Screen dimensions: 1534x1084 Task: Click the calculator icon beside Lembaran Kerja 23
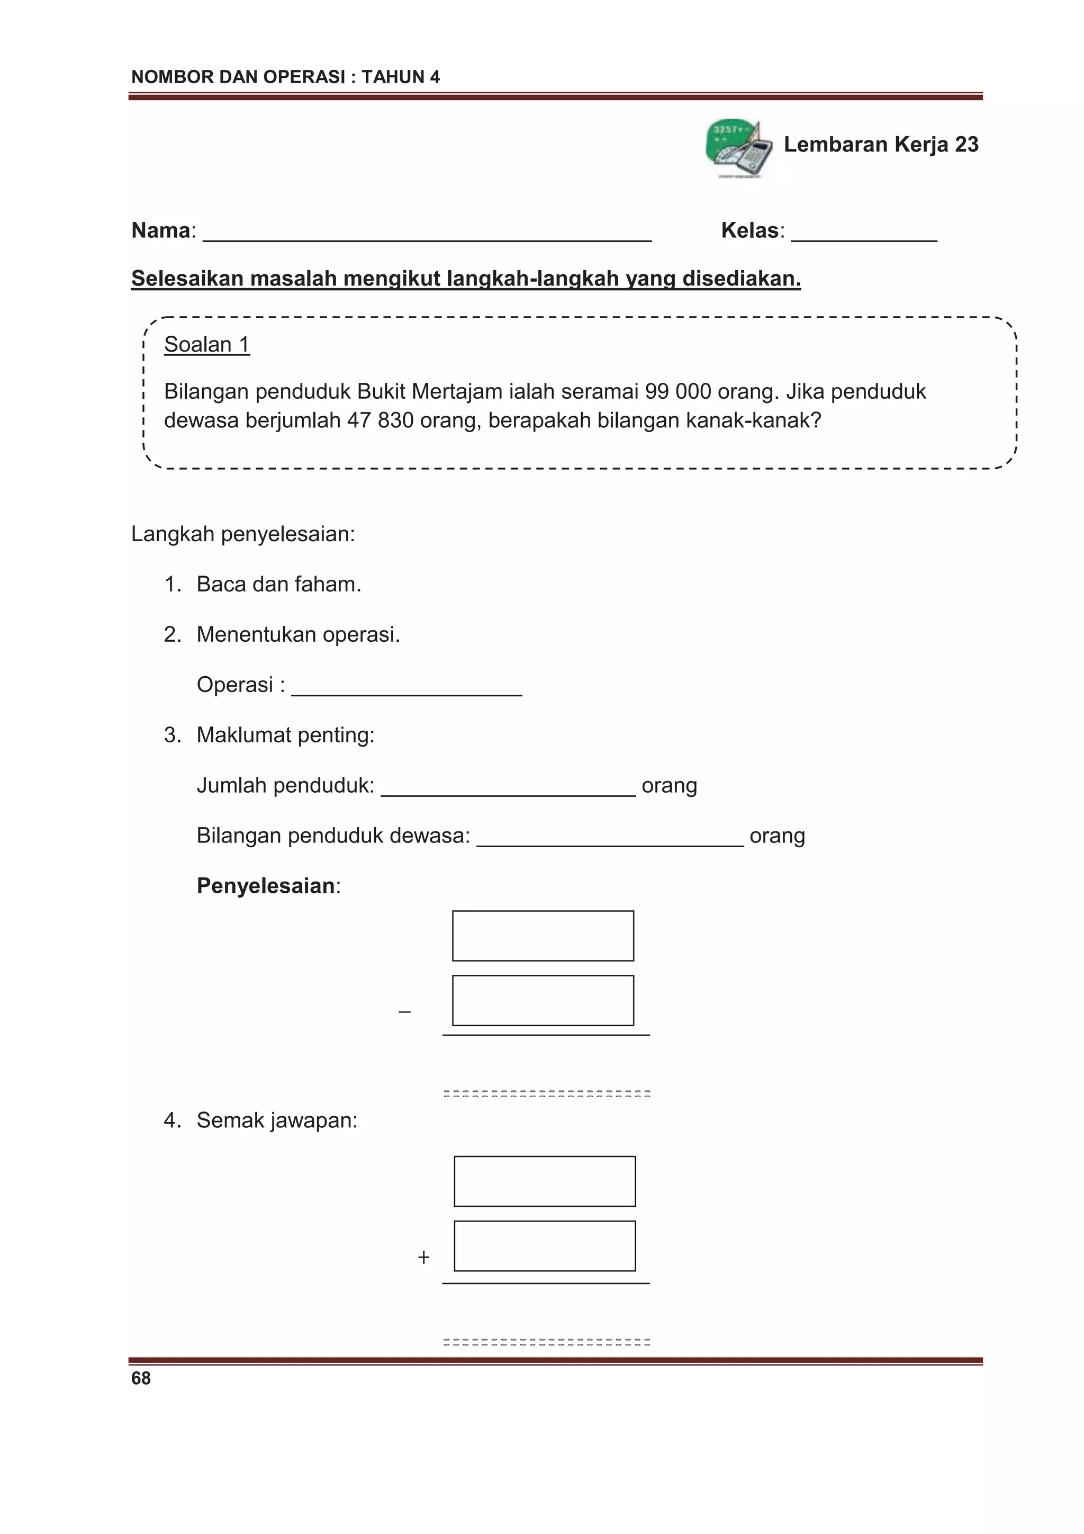click(x=738, y=149)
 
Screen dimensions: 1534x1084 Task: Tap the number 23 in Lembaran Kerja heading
click(x=966, y=145)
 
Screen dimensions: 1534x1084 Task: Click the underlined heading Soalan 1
click(x=206, y=345)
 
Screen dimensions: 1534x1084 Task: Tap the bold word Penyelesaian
click(x=265, y=886)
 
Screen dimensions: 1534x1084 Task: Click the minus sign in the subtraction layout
click(x=404, y=1012)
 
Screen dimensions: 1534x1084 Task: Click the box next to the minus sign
click(x=543, y=1000)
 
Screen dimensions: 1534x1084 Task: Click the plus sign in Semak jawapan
click(x=423, y=1258)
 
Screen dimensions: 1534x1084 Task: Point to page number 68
click(x=141, y=1378)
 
